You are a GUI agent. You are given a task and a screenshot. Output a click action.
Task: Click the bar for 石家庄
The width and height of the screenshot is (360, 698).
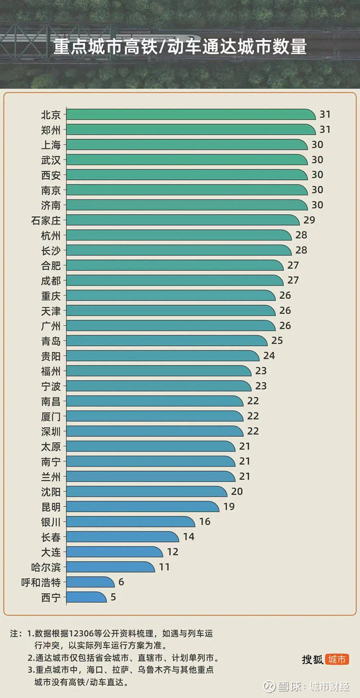(x=182, y=220)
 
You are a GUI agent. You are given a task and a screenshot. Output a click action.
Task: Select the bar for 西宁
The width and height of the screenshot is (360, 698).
(x=86, y=597)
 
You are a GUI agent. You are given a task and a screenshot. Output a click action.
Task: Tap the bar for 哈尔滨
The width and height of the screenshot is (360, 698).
(x=110, y=567)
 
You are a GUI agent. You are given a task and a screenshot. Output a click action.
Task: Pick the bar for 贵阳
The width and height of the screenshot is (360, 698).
(x=162, y=356)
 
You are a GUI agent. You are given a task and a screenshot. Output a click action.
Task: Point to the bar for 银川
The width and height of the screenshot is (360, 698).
(x=130, y=522)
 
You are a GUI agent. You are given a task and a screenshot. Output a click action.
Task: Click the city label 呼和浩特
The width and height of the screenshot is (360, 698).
(x=41, y=582)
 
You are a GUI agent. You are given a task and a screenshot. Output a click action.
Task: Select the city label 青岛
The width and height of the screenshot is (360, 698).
(x=50, y=341)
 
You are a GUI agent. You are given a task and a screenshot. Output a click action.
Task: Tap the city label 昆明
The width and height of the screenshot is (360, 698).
(x=50, y=507)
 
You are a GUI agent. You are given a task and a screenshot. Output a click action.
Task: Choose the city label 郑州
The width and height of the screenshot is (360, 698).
(x=50, y=130)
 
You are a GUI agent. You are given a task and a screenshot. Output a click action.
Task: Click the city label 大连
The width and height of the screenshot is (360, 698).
(x=50, y=552)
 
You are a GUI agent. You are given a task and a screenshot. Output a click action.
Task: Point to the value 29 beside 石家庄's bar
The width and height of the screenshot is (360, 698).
(x=310, y=220)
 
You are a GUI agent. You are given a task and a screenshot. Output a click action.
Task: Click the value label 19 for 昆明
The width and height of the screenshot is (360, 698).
(x=229, y=507)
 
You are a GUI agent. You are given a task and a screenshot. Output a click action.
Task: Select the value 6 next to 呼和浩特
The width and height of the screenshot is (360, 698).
(x=121, y=582)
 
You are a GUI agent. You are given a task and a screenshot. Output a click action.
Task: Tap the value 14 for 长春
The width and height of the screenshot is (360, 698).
(x=189, y=537)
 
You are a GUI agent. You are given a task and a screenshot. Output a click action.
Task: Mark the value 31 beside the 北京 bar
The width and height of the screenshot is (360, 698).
(x=325, y=114)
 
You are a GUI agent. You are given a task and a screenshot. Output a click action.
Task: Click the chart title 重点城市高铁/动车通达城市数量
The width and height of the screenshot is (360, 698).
(x=180, y=47)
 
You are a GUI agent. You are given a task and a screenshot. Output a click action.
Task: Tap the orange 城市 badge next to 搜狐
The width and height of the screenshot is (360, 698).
(x=337, y=660)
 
